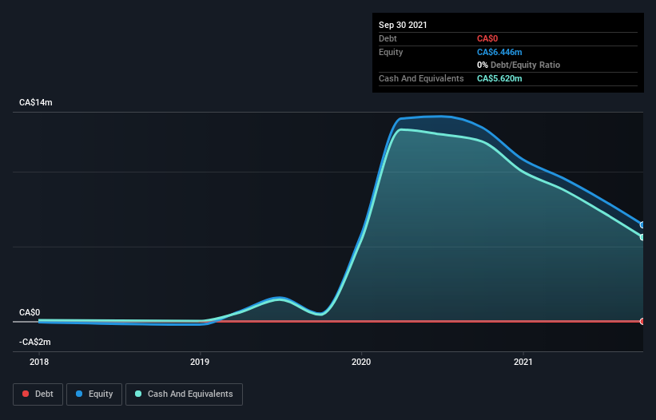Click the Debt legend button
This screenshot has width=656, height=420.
tap(37, 394)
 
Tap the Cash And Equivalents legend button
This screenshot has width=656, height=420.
tap(184, 394)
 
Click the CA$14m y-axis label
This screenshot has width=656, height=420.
tap(35, 103)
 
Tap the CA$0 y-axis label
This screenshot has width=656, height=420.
tap(30, 312)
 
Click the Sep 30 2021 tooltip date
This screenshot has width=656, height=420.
tap(403, 25)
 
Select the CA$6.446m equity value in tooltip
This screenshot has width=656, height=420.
tap(499, 52)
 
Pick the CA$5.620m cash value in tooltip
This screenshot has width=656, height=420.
tap(499, 78)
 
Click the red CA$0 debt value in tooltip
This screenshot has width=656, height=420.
tap(488, 38)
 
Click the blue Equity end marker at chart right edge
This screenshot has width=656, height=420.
tap(642, 225)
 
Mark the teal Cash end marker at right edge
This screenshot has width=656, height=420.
tap(642, 237)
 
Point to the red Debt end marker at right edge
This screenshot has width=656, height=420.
tap(642, 321)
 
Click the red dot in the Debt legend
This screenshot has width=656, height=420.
tap(26, 394)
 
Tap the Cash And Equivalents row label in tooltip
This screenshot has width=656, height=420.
tap(421, 78)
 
